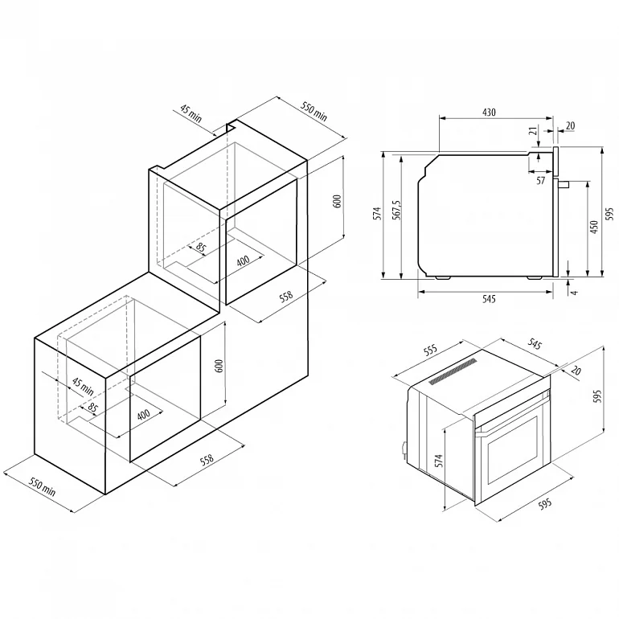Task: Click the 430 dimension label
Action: point(489,113)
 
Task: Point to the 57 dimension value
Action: point(540,180)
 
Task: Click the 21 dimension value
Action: point(533,131)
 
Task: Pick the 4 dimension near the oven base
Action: point(575,293)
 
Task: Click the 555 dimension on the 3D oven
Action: point(430,350)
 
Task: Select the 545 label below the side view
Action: point(489,299)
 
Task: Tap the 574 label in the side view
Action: point(378,213)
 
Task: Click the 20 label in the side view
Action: point(571,125)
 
